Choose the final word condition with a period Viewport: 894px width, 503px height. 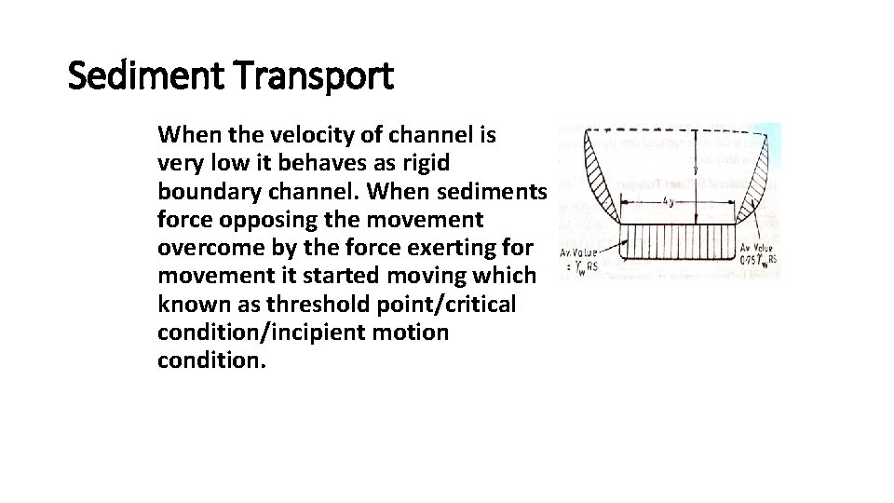[x=212, y=360]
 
